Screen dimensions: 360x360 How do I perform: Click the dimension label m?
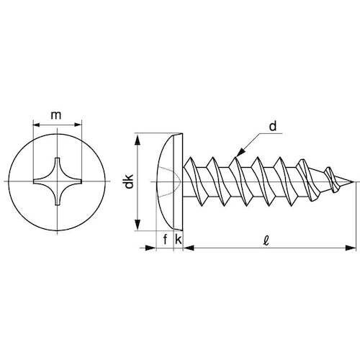56,116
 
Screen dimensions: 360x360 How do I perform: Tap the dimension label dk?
130,181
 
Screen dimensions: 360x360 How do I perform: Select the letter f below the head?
165,239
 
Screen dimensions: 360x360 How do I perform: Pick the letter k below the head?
179,239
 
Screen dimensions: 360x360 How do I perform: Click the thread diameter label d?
273,126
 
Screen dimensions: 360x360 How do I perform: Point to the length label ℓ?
266,240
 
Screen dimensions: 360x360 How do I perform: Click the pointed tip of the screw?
354,181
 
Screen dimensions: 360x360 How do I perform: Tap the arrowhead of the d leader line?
240,153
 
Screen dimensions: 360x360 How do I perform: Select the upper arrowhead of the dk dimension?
138,140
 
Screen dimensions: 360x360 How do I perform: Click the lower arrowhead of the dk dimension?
138,224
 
